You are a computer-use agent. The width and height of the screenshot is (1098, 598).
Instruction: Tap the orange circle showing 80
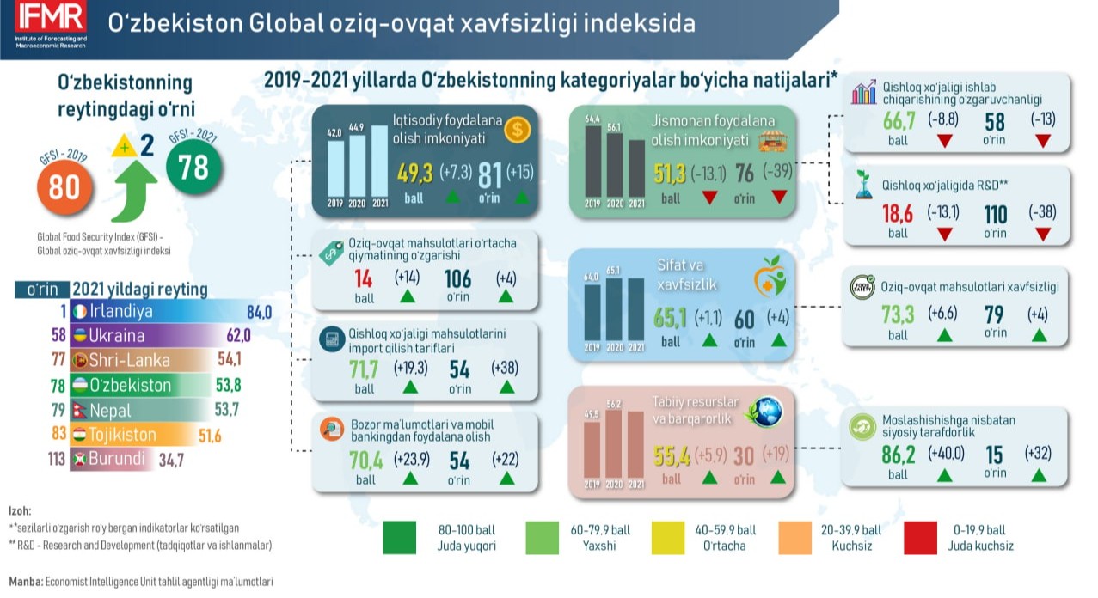pyautogui.click(x=64, y=186)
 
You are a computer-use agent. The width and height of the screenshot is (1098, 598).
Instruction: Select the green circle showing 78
pyautogui.click(x=193, y=166)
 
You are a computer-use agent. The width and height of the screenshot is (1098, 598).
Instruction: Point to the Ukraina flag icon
pyautogui.click(x=79, y=336)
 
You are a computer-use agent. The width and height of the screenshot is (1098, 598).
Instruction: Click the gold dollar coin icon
pyautogui.click(x=517, y=130)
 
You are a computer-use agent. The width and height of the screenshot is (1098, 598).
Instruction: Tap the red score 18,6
pyautogui.click(x=897, y=213)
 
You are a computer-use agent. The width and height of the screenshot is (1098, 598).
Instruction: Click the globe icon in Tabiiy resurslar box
pyautogui.click(x=764, y=412)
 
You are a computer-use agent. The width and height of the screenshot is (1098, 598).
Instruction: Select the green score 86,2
pyautogui.click(x=898, y=453)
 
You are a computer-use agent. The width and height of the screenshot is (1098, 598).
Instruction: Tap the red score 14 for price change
pyautogui.click(x=363, y=278)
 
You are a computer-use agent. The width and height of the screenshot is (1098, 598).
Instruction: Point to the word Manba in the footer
pyautogui.click(x=25, y=582)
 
